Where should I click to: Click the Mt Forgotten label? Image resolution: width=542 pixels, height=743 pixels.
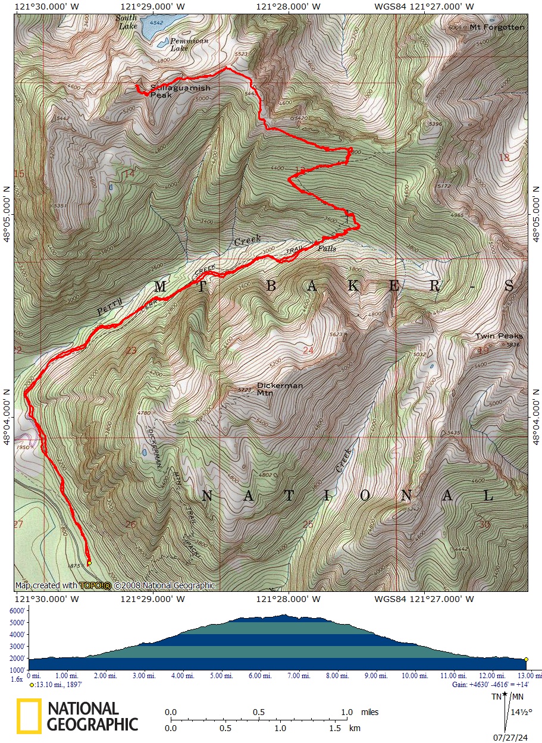[x=497, y=27]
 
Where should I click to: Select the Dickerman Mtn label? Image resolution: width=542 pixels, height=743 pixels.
[x=280, y=389]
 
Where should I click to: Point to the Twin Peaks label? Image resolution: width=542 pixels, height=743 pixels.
[x=499, y=336]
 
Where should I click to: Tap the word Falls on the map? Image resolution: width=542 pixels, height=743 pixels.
[x=327, y=249]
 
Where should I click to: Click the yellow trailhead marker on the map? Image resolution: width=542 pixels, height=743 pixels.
[x=89, y=562]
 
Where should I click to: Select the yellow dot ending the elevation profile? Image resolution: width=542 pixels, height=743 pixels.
[x=526, y=659]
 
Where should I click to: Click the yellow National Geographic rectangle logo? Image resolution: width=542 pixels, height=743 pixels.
[x=29, y=716]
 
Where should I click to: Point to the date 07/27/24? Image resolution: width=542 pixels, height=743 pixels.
[x=510, y=738]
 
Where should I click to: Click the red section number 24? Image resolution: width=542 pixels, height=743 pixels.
[x=308, y=350]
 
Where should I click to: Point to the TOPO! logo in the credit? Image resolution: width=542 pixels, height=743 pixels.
[x=95, y=585]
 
